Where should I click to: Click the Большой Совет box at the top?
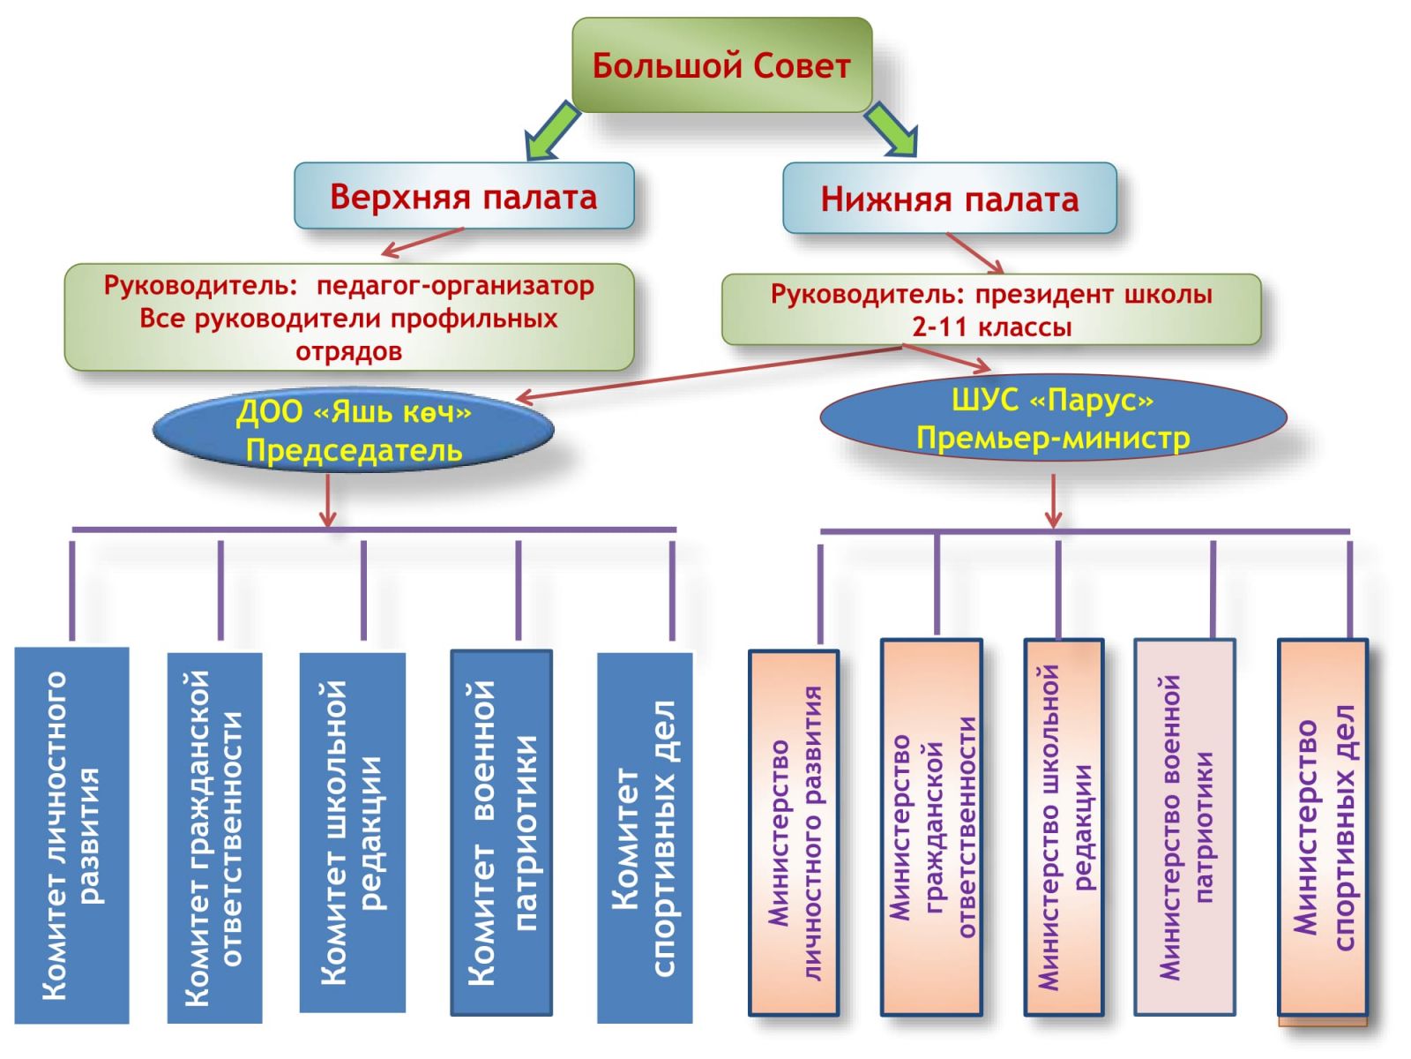[x=721, y=66]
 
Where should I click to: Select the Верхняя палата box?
[x=464, y=196]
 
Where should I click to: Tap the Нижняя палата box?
[x=950, y=199]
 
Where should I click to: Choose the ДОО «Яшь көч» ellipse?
[x=353, y=431]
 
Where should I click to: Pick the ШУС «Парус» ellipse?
[x=1053, y=418]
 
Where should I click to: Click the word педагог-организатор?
[x=455, y=286]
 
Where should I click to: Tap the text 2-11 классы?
[x=992, y=327]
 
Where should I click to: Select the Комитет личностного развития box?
[x=72, y=835]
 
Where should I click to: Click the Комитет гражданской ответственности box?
[x=215, y=837]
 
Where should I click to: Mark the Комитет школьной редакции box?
[x=353, y=832]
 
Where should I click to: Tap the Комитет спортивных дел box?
[x=645, y=837]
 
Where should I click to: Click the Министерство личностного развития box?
[x=794, y=832]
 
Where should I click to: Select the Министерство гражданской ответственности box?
[x=932, y=827]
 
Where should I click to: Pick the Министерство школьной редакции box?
[x=1064, y=827]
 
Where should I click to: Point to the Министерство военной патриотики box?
[x=1184, y=827]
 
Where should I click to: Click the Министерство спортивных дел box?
[x=1323, y=827]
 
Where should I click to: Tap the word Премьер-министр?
[x=1053, y=438]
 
